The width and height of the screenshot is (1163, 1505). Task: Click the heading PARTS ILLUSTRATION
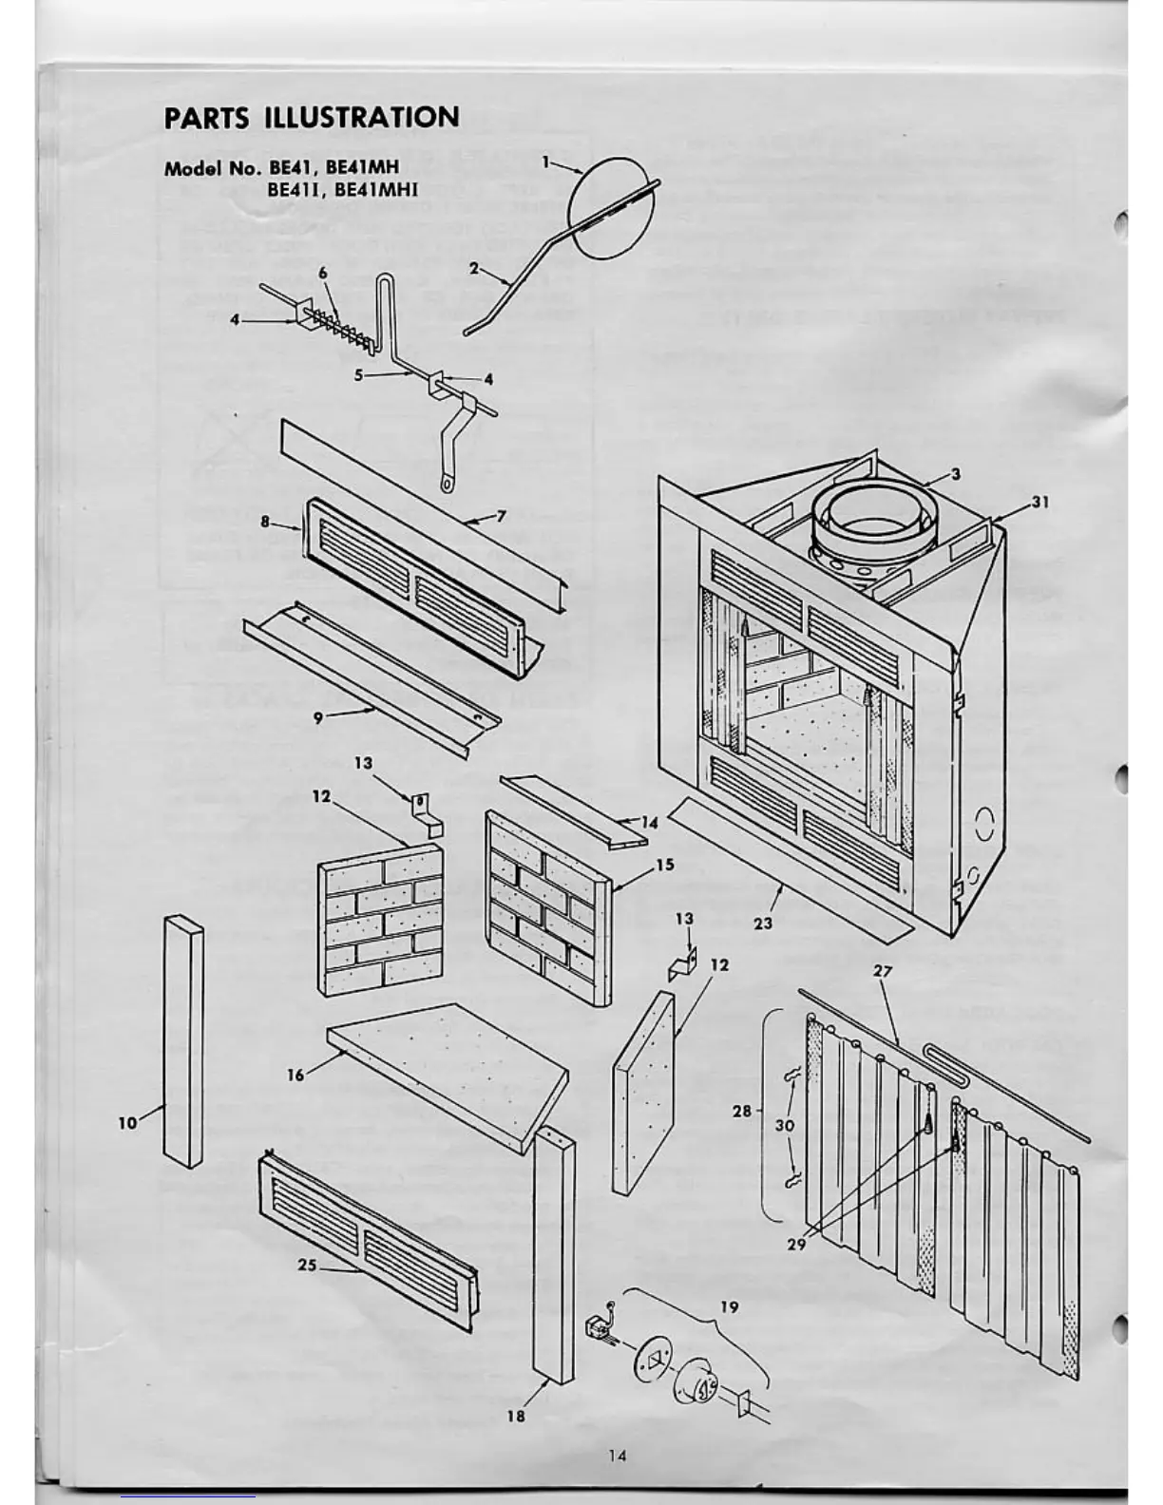pyautogui.click(x=312, y=118)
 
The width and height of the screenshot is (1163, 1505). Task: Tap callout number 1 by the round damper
pyautogui.click(x=546, y=162)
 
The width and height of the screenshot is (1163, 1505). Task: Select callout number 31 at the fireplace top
pyautogui.click(x=1040, y=503)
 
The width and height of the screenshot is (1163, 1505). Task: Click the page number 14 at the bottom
pyautogui.click(x=618, y=1455)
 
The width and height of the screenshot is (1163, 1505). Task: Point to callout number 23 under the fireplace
pyautogui.click(x=763, y=922)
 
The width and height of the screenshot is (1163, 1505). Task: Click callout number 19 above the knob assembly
pyautogui.click(x=729, y=1306)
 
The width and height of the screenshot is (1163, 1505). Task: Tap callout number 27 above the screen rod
pyautogui.click(x=883, y=972)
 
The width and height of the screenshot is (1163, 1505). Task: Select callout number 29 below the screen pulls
pyautogui.click(x=796, y=1242)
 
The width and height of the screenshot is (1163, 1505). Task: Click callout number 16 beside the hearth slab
pyautogui.click(x=296, y=1076)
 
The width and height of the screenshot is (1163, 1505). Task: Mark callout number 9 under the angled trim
pyautogui.click(x=317, y=718)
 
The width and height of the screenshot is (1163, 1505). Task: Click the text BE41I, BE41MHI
pyautogui.click(x=342, y=189)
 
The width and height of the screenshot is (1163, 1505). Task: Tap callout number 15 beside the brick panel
pyautogui.click(x=664, y=865)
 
